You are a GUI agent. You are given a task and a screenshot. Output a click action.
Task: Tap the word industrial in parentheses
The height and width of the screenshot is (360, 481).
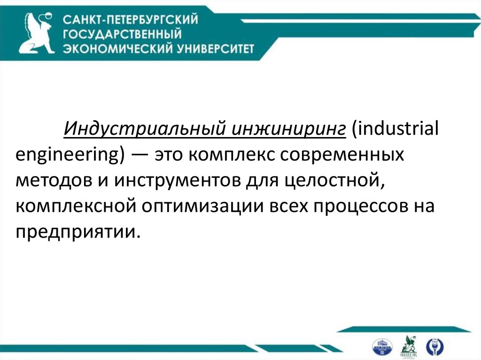(x=394, y=128)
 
